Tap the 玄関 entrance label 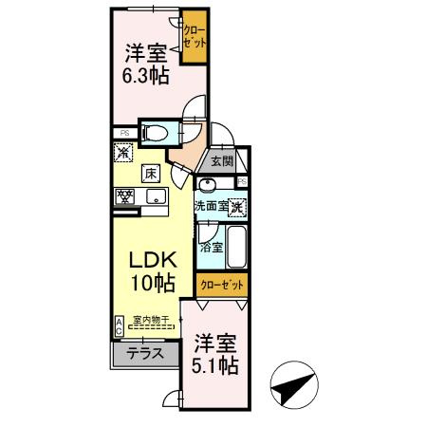pyautogui.click(x=222, y=161)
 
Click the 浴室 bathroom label pyautogui.click(x=211, y=247)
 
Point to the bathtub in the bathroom pyautogui.click(x=236, y=249)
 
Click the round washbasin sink pyautogui.click(x=208, y=185)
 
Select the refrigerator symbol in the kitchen pyautogui.click(x=123, y=150)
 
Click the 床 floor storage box pyautogui.click(x=150, y=173)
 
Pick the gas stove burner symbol pyautogui.click(x=124, y=197)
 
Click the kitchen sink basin pyautogui.click(x=155, y=197)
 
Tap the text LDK pyautogui.click(x=149, y=259)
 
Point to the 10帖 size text pyautogui.click(x=149, y=282)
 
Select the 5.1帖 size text pyautogui.click(x=216, y=363)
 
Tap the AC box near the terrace pyautogui.click(x=118, y=325)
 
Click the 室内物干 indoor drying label pyautogui.click(x=151, y=320)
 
